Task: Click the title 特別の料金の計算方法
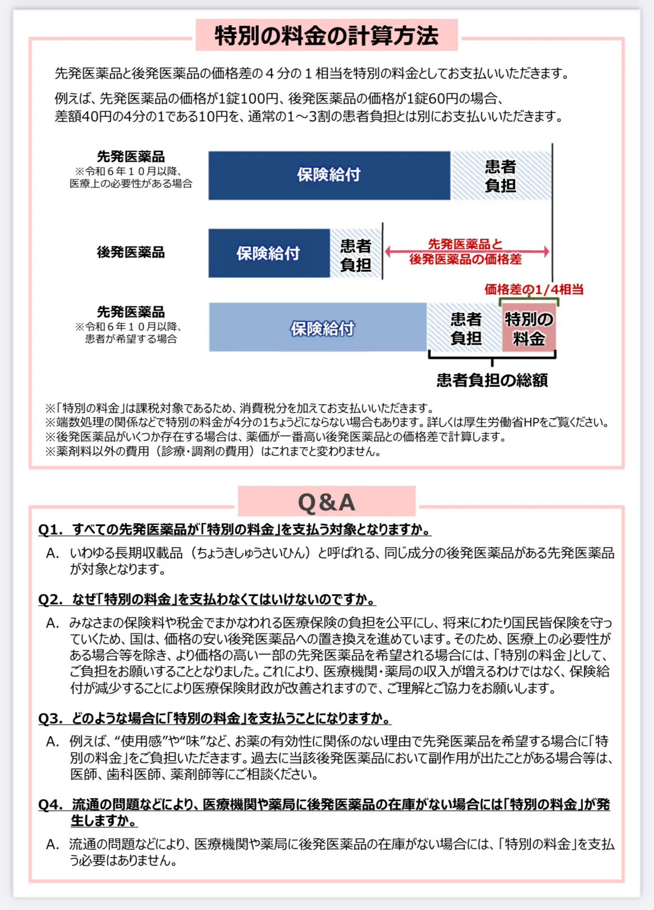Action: (326, 36)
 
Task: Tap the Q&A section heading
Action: (326, 502)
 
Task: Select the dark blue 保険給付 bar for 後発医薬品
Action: (269, 253)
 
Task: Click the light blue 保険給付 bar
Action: (317, 328)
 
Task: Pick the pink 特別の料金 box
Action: (529, 328)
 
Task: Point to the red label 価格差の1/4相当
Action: (533, 290)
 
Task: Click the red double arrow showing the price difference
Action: (467, 252)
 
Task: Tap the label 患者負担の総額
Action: (492, 380)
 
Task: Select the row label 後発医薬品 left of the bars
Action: (131, 252)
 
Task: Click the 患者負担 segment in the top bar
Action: (500, 176)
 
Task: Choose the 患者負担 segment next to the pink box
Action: (465, 328)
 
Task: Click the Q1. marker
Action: (50, 529)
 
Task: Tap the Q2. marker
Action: (50, 600)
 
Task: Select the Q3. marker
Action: (50, 718)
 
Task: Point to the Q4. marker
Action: (50, 805)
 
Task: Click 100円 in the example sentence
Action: (259, 99)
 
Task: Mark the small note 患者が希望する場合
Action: (131, 339)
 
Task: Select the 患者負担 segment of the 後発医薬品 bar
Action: (356, 254)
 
